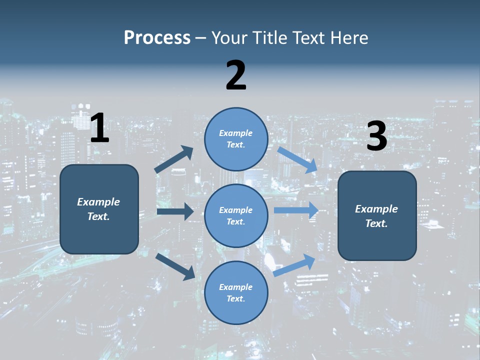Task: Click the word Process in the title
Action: pos(157,38)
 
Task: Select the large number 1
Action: pos(99,128)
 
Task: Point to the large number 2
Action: pos(236,75)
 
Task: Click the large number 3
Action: pos(376,136)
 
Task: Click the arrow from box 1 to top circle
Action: pos(174,159)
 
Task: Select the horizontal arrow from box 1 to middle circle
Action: pos(175,211)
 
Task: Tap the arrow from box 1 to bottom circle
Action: pos(175,266)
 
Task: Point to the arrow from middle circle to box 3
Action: pos(296,210)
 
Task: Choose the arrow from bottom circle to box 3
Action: pos(294,265)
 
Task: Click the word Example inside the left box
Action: pos(98,202)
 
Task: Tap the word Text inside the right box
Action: pos(376,223)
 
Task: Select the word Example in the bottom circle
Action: pos(235,287)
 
